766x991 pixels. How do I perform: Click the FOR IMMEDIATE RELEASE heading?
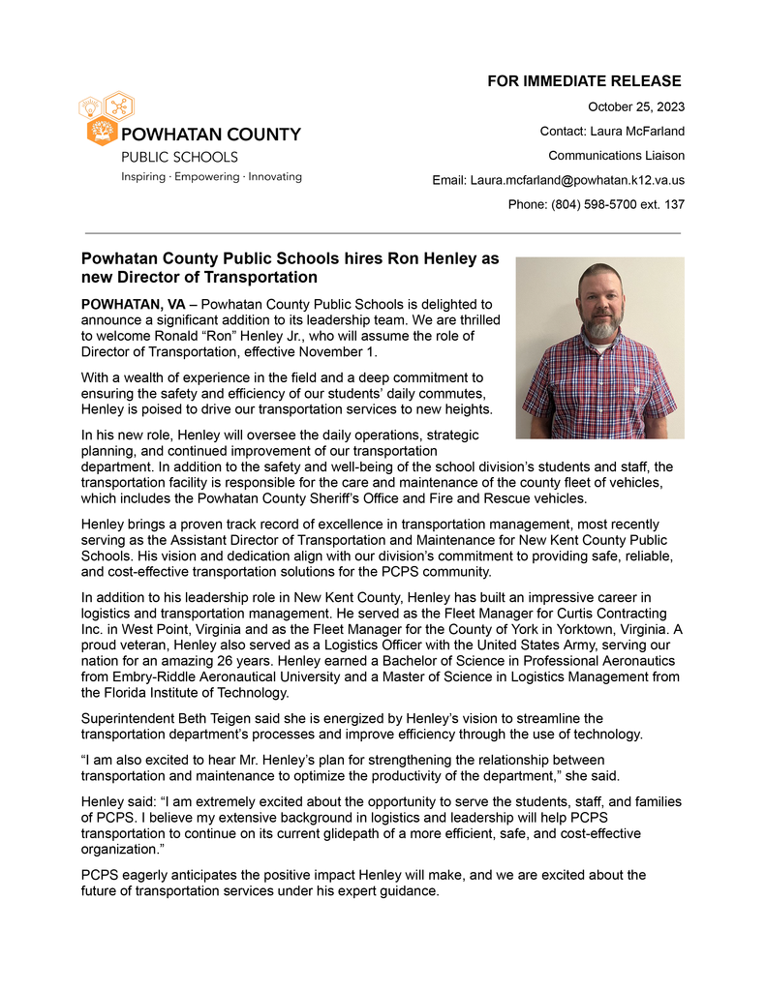pos(584,81)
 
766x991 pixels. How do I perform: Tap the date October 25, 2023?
pos(636,106)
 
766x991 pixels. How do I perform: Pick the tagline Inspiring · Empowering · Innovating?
pos(211,177)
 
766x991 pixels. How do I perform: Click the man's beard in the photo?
pos(600,327)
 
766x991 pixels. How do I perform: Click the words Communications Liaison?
pos(616,155)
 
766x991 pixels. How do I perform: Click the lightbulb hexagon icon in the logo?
pos(89,105)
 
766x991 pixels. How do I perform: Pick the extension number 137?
pos(674,204)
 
